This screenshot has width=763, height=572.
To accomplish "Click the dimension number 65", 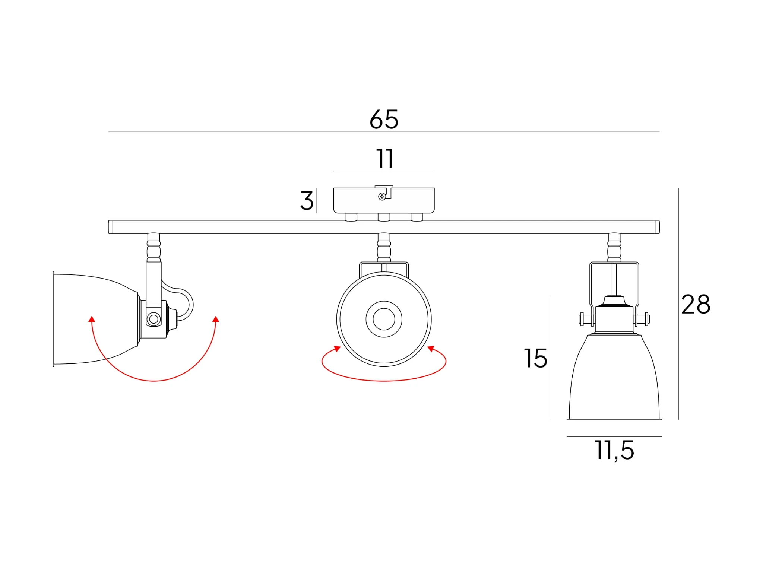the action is (384, 120).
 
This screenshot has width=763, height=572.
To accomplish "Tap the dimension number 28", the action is (696, 304).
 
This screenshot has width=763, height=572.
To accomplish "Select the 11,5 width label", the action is (614, 451).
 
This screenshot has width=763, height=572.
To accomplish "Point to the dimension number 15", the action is (535, 358).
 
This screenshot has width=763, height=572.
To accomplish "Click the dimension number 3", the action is (307, 201).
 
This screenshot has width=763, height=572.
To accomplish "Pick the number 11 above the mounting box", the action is (384, 159).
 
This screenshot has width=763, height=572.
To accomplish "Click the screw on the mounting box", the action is (382, 197).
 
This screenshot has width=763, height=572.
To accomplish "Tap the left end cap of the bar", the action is (111, 227).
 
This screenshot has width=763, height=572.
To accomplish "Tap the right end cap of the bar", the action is (657, 227).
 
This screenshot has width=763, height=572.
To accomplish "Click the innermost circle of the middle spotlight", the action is (384, 319).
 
